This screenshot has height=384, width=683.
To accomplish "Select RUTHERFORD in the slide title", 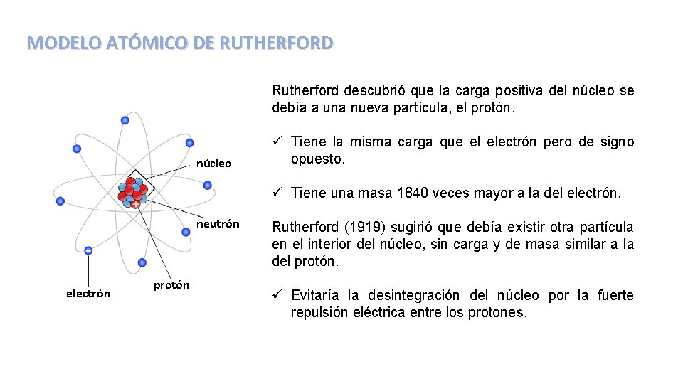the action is point(276,43).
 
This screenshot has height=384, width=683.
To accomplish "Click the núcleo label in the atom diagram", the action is point(214,164).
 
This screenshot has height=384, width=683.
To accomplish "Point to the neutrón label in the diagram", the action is point(218,224).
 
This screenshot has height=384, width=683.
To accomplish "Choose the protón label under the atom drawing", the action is point(172,285).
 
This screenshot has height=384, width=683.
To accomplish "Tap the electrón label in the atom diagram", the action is point(88,293).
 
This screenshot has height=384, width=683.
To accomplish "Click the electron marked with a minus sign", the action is point(88,250).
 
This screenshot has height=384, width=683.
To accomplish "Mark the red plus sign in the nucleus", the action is point(135,204).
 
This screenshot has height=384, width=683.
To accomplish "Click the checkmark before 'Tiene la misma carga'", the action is point(277,142).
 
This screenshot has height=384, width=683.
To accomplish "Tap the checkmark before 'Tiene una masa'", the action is point(277,193).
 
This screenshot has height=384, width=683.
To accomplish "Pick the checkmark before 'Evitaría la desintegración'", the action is point(277,295).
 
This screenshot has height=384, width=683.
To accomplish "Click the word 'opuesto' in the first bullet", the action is point(317,159).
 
